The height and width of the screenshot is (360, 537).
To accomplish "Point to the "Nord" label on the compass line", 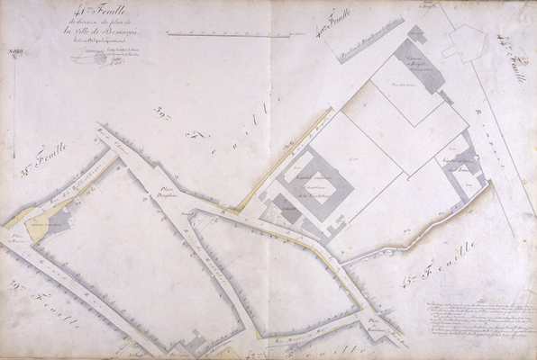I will pos(13,55).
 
